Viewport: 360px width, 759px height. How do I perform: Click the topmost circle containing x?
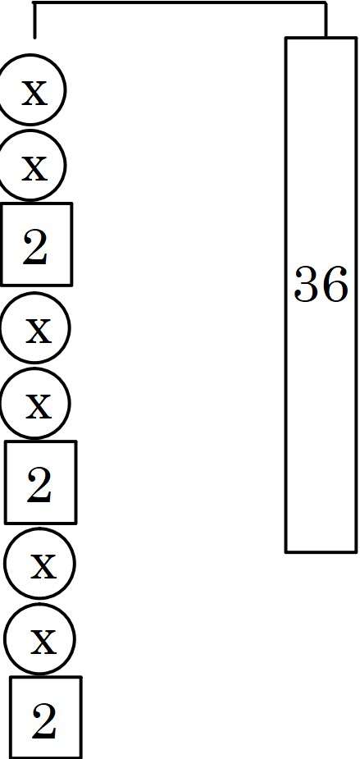[x=30, y=89]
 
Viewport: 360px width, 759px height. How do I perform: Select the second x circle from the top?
[x=30, y=165]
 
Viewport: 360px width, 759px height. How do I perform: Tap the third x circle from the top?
[x=34, y=327]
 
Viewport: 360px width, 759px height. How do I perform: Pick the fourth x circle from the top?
[x=34, y=403]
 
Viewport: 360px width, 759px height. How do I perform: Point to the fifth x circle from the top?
[x=39, y=564]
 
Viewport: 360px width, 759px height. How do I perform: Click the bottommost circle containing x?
[x=39, y=638]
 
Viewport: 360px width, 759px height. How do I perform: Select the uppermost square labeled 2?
[x=36, y=245]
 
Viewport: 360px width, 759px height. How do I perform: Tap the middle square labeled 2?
[x=41, y=482]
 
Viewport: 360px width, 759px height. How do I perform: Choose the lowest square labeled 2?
[x=45, y=717]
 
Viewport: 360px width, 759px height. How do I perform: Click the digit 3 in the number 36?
[x=308, y=284]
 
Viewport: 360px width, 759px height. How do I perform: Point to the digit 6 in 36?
[x=335, y=284]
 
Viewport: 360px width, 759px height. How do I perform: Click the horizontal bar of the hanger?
[x=180, y=2]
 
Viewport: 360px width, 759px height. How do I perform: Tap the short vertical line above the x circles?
[x=34, y=20]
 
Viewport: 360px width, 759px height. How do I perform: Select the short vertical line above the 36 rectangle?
[x=326, y=20]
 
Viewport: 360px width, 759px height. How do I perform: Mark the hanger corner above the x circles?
[x=34, y=2]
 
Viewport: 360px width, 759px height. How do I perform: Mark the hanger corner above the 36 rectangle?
[x=326, y=2]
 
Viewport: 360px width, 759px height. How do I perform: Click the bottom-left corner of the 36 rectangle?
[x=286, y=551]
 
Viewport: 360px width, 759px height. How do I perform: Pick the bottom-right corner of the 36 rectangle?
[x=356, y=551]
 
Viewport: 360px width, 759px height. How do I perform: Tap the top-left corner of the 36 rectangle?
[x=286, y=38]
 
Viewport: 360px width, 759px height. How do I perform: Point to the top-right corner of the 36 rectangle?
[x=356, y=38]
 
